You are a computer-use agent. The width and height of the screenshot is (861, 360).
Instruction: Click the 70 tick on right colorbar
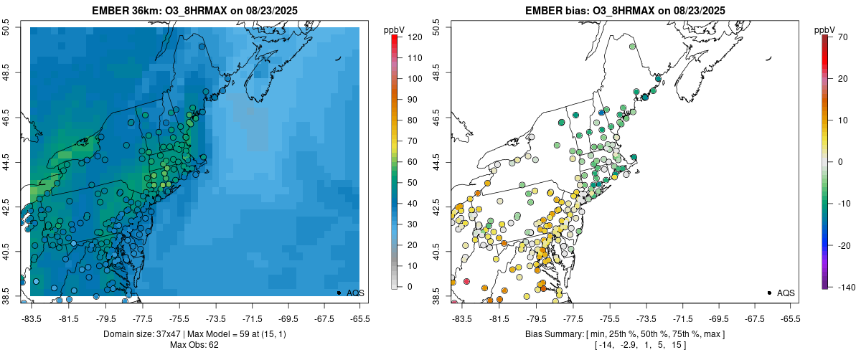coord(842,36)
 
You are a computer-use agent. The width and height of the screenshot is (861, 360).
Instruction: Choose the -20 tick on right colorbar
coord(842,245)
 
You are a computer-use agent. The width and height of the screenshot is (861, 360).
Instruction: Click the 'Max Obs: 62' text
coord(194,346)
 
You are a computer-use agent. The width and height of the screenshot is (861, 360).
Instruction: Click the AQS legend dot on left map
coord(339,293)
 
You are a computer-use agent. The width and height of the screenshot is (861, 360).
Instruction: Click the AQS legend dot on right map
coord(769,293)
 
